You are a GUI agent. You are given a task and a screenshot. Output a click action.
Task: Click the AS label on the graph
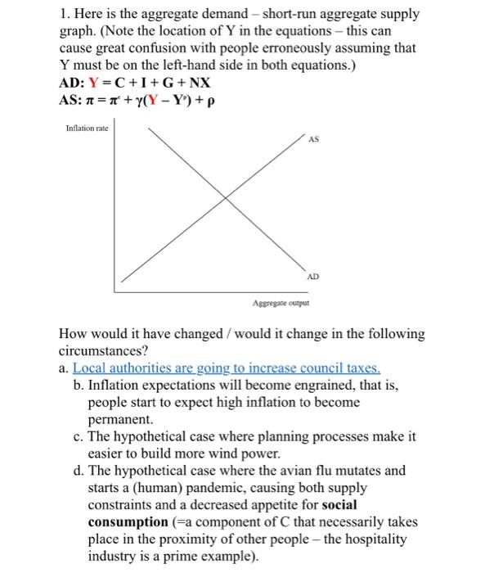pos(313,139)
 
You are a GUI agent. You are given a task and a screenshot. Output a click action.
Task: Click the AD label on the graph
pos(313,277)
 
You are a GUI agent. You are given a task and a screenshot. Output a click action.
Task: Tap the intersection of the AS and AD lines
pos(227,199)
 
